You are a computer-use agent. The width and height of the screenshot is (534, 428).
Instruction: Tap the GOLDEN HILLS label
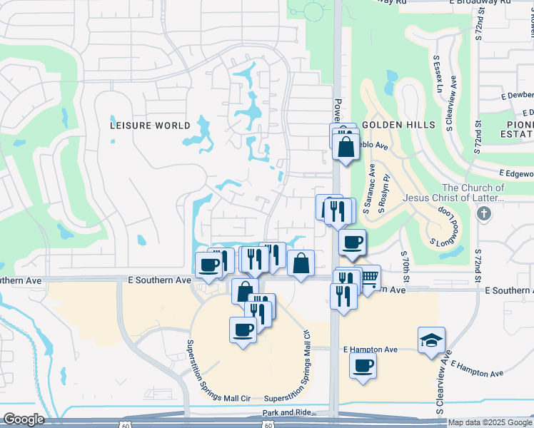(x=398, y=125)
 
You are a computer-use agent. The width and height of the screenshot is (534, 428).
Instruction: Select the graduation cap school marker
(x=431, y=340)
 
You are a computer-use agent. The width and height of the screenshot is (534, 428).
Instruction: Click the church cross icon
(x=484, y=213)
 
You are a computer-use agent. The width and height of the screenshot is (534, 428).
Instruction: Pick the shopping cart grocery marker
(x=368, y=277)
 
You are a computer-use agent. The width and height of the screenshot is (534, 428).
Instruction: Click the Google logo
(x=24, y=419)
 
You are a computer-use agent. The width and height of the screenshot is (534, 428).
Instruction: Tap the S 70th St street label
(x=405, y=265)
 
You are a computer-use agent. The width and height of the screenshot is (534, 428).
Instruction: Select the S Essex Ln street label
(x=438, y=75)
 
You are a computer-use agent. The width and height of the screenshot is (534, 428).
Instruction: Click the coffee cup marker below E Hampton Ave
(x=363, y=366)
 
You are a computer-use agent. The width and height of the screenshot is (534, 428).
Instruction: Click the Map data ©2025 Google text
(x=490, y=422)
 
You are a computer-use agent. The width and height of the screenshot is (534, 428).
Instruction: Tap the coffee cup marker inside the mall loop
(x=243, y=330)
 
